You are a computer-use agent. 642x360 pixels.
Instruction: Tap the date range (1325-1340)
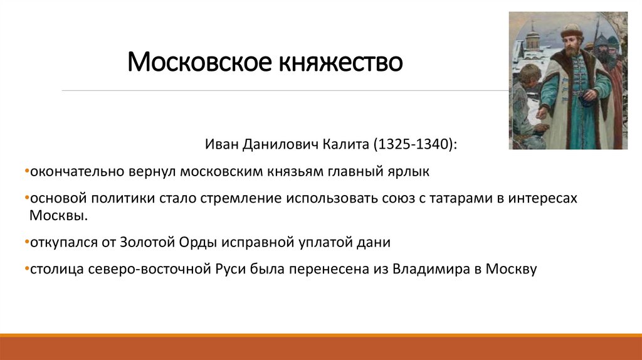click(x=416, y=145)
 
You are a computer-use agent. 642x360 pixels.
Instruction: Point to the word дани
click(x=376, y=242)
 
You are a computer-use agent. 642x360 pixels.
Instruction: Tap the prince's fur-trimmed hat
click(x=571, y=30)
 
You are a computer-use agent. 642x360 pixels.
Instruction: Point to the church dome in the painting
click(x=532, y=31)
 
